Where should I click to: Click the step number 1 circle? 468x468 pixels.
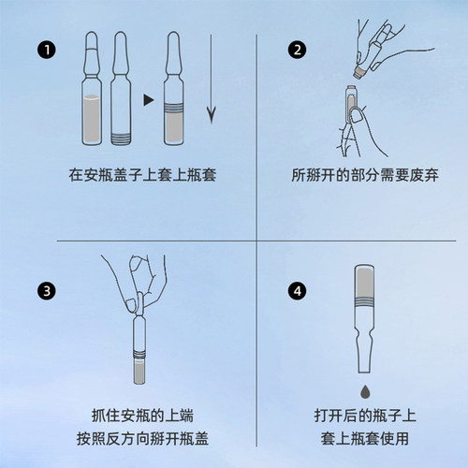pyautogui.click(x=42, y=50)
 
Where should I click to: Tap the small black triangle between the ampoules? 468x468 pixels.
pyautogui.click(x=147, y=96)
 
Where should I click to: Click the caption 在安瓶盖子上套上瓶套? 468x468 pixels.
pyautogui.click(x=141, y=174)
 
